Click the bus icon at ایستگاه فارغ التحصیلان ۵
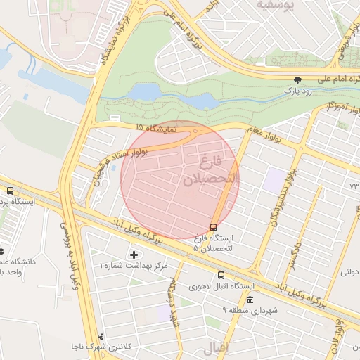point(213,226)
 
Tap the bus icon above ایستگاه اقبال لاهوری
point(221,275)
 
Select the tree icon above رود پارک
point(296,79)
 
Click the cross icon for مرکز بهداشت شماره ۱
point(134,253)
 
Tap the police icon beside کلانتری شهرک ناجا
point(103,336)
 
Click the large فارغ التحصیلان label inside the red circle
point(211,171)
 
